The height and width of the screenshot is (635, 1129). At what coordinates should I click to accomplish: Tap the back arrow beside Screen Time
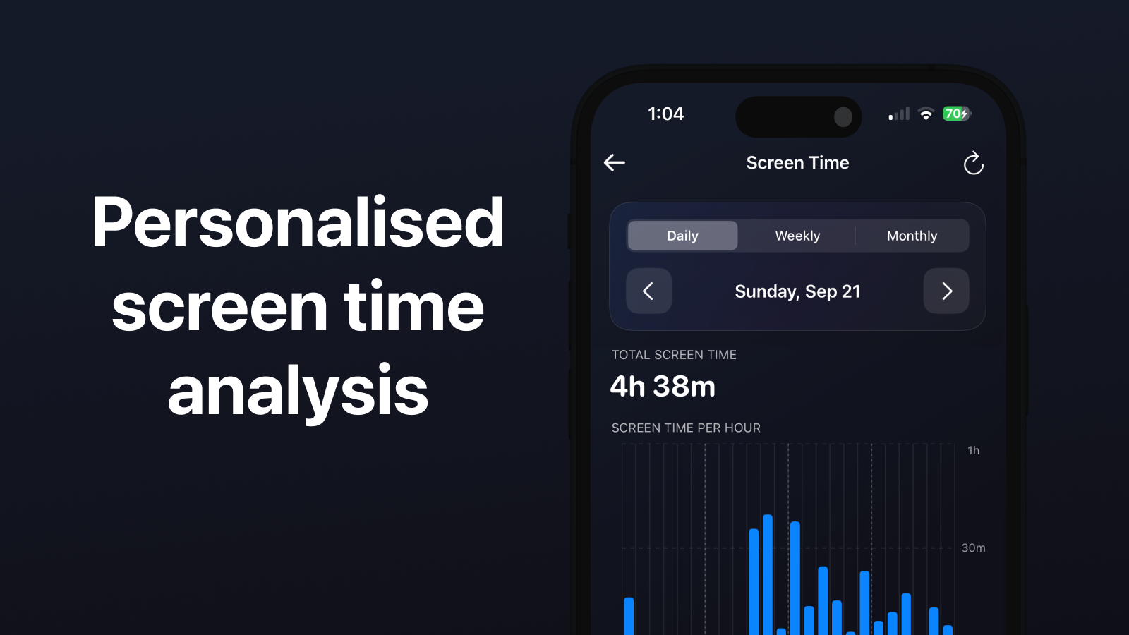[615, 162]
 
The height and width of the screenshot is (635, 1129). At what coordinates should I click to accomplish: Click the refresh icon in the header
[973, 163]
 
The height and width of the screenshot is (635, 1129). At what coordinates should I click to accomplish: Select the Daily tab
[682, 236]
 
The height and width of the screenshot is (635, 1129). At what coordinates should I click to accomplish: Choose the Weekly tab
[797, 236]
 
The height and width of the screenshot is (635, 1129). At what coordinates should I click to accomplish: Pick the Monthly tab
[912, 236]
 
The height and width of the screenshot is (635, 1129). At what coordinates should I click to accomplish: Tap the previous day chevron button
[648, 291]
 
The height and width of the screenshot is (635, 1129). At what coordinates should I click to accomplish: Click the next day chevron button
[946, 291]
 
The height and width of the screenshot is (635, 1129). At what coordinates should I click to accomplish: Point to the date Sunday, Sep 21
[797, 291]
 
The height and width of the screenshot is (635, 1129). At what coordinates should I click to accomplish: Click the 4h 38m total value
[663, 387]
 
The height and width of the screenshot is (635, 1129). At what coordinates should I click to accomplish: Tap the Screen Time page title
[797, 163]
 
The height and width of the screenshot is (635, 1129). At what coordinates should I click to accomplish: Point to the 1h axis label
[973, 451]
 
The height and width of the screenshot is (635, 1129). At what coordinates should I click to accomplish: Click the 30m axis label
[973, 548]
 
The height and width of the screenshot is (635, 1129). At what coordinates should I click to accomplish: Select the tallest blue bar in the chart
[768, 574]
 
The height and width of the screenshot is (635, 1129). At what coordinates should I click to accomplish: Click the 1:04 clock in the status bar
[666, 114]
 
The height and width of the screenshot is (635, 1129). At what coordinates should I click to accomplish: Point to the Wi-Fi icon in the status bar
[926, 114]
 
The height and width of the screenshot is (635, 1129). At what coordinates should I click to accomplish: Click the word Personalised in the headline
[297, 222]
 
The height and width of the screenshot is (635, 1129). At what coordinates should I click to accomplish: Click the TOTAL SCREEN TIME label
[674, 355]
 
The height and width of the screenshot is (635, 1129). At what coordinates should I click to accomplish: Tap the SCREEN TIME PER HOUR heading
[686, 428]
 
